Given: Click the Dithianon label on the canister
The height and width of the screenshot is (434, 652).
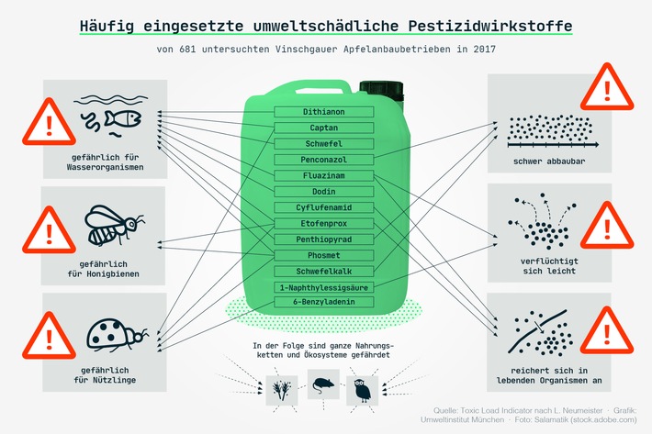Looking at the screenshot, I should click(x=324, y=112).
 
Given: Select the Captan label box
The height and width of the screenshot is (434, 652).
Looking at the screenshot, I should click(x=324, y=128).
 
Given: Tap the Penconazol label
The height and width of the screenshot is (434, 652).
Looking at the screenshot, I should click(x=324, y=160).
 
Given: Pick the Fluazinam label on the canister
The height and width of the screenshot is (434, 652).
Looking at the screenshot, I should click(x=324, y=175).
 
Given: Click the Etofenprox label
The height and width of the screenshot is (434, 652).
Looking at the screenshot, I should click(x=324, y=223).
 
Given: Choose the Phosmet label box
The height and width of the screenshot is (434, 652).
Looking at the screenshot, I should click(x=324, y=255).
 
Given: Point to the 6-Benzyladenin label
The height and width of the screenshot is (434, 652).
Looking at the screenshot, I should click(x=324, y=303).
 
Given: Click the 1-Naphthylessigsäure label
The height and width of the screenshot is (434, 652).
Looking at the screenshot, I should click(x=324, y=287).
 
